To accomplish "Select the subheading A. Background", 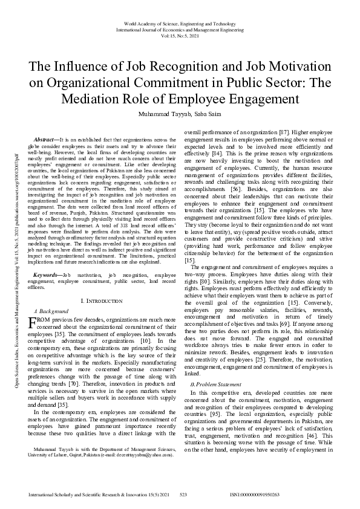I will point(50,310).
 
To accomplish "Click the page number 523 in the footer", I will point(184,494).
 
